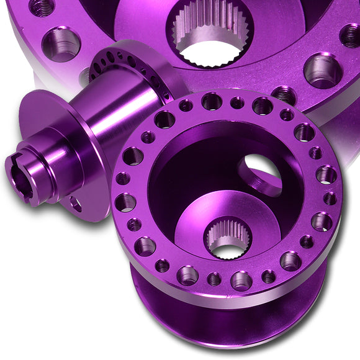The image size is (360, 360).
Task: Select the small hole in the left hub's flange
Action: (x=75, y=204)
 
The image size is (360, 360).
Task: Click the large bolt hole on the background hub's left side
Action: (x=61, y=43)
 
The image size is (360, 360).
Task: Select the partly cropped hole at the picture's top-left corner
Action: (x=42, y=6)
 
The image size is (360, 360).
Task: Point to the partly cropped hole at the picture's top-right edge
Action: (x=349, y=36)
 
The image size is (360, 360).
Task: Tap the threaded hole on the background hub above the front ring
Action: (x=284, y=94)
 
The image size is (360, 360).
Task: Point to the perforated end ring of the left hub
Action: (x=130, y=65)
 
